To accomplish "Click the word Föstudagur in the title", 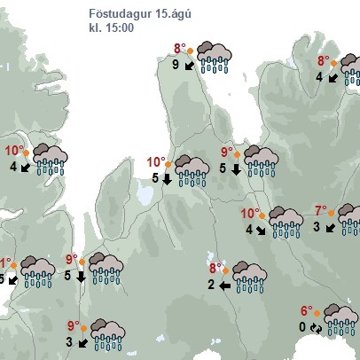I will pos(119,13).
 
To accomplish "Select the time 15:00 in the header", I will pos(118,28).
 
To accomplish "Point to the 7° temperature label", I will pos(321,210).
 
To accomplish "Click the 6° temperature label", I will pos(306,311).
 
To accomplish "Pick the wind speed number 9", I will pos(176,64).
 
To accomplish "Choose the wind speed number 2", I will pos(211,285).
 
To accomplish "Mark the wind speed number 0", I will pos(301,326).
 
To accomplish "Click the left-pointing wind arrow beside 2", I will pos(225,285).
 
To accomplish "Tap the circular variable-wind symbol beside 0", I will pos(316,327).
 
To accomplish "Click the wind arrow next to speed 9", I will pos(189,65).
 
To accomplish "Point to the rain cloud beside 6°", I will pos(341,318).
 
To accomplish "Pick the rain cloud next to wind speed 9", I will pos(213,56).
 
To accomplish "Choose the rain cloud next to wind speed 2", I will pos(250,277).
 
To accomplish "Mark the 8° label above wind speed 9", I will pos(179,49).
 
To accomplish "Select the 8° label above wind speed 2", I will pos(215,268).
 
